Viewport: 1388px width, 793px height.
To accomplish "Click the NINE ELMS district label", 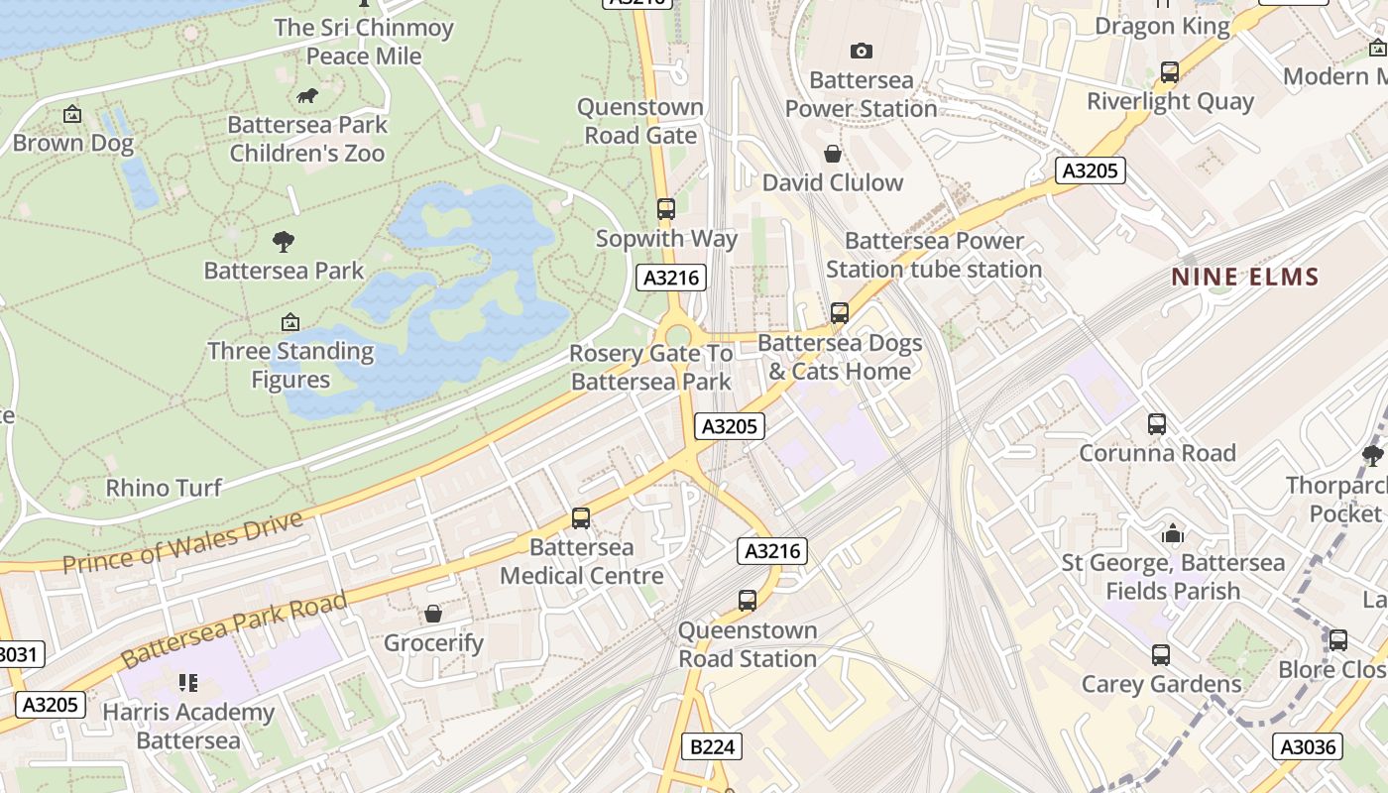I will [1245, 277].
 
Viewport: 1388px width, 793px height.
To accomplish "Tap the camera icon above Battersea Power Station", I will [861, 51].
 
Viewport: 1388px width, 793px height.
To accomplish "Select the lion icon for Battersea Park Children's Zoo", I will [307, 96].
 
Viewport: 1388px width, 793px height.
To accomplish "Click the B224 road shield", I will [712, 746].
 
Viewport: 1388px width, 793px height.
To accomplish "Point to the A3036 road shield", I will [1307, 746].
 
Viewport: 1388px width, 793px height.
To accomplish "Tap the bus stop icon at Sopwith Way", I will [666, 209].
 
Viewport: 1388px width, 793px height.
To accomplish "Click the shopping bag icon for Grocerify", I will [433, 614].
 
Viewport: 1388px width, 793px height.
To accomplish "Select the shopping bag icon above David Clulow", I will [833, 154].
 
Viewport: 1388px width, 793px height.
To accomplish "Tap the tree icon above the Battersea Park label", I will [284, 241].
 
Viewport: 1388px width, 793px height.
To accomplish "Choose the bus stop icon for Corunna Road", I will [1156, 424].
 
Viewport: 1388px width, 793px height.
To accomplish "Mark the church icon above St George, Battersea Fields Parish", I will [1173, 534].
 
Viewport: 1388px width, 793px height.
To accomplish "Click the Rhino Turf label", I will [164, 488].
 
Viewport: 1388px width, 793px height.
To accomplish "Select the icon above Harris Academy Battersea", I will [188, 683].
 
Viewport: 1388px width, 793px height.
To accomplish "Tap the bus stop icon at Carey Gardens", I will [1161, 655].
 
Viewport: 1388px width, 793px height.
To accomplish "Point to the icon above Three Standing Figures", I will [290, 322].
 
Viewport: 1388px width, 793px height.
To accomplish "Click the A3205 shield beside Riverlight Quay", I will [1089, 170].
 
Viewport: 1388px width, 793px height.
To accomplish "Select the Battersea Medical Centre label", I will [582, 561].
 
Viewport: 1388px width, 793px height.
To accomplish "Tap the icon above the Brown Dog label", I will [72, 115].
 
